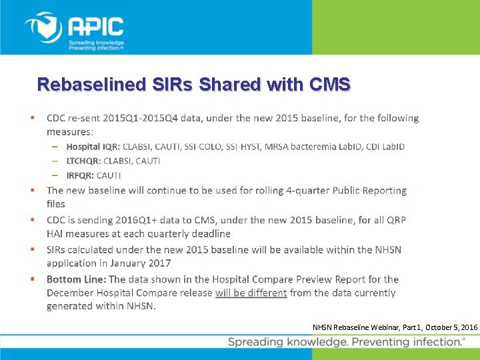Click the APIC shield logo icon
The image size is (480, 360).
43,28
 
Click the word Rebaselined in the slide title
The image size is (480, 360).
89,85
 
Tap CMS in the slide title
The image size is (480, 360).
329,85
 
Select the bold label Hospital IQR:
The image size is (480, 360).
84,147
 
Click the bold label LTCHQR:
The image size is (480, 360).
83,161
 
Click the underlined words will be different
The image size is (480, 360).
251,293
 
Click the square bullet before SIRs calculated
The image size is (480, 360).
32,249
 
